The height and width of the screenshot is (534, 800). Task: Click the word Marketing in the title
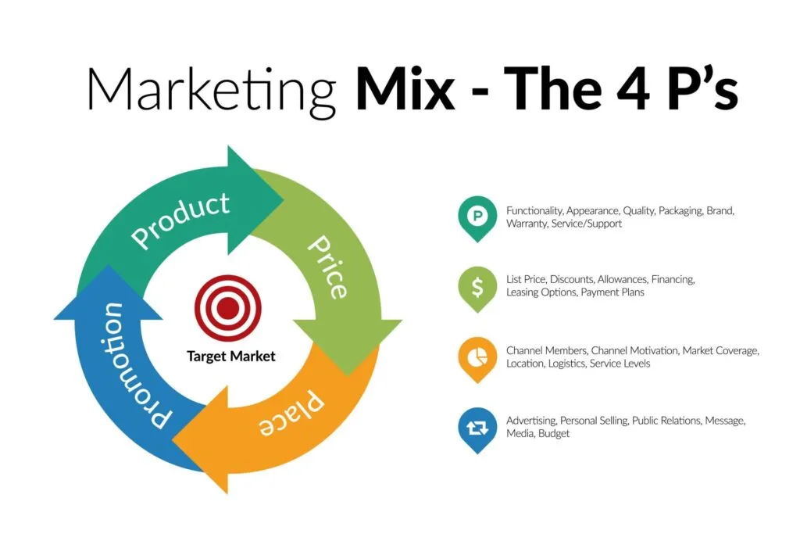(x=210, y=88)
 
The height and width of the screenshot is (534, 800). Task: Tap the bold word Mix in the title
(x=405, y=88)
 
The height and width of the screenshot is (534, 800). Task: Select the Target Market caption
(x=231, y=357)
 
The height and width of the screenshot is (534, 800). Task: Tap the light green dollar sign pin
(x=477, y=286)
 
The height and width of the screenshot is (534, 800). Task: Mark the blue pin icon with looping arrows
(x=477, y=428)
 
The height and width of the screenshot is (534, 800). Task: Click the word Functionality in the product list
(x=534, y=211)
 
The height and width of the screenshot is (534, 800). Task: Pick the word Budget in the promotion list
(x=553, y=433)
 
